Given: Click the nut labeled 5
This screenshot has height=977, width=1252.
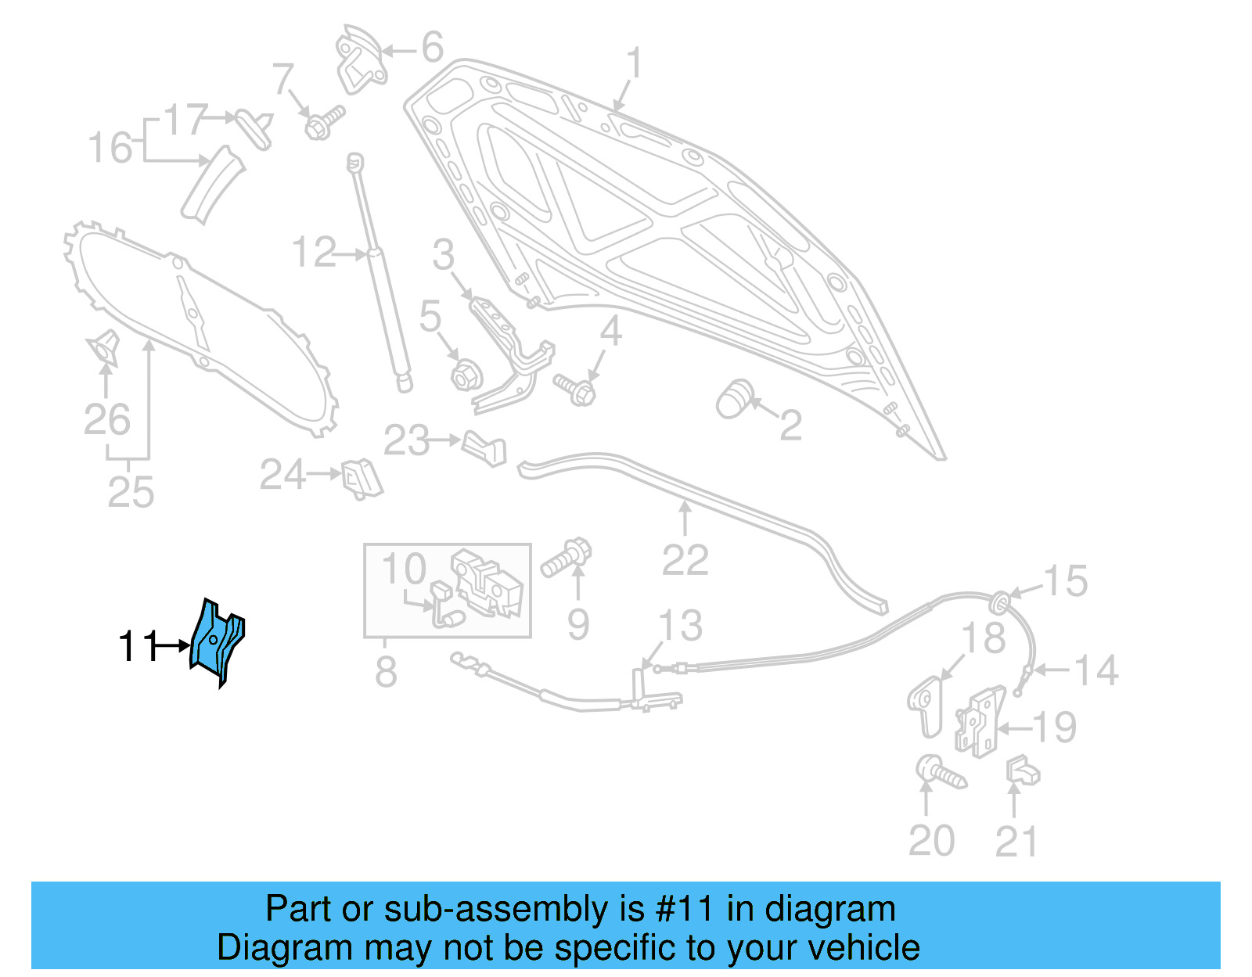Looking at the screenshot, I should tap(464, 376).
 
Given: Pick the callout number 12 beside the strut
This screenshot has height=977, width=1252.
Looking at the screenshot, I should tap(313, 253).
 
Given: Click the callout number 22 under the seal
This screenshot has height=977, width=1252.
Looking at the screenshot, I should tap(685, 560).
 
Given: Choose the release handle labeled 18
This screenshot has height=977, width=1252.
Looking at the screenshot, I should tap(926, 706).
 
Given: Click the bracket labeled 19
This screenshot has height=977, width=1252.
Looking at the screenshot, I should tap(978, 721).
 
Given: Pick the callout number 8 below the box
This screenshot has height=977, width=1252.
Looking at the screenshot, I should tap(386, 672).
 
